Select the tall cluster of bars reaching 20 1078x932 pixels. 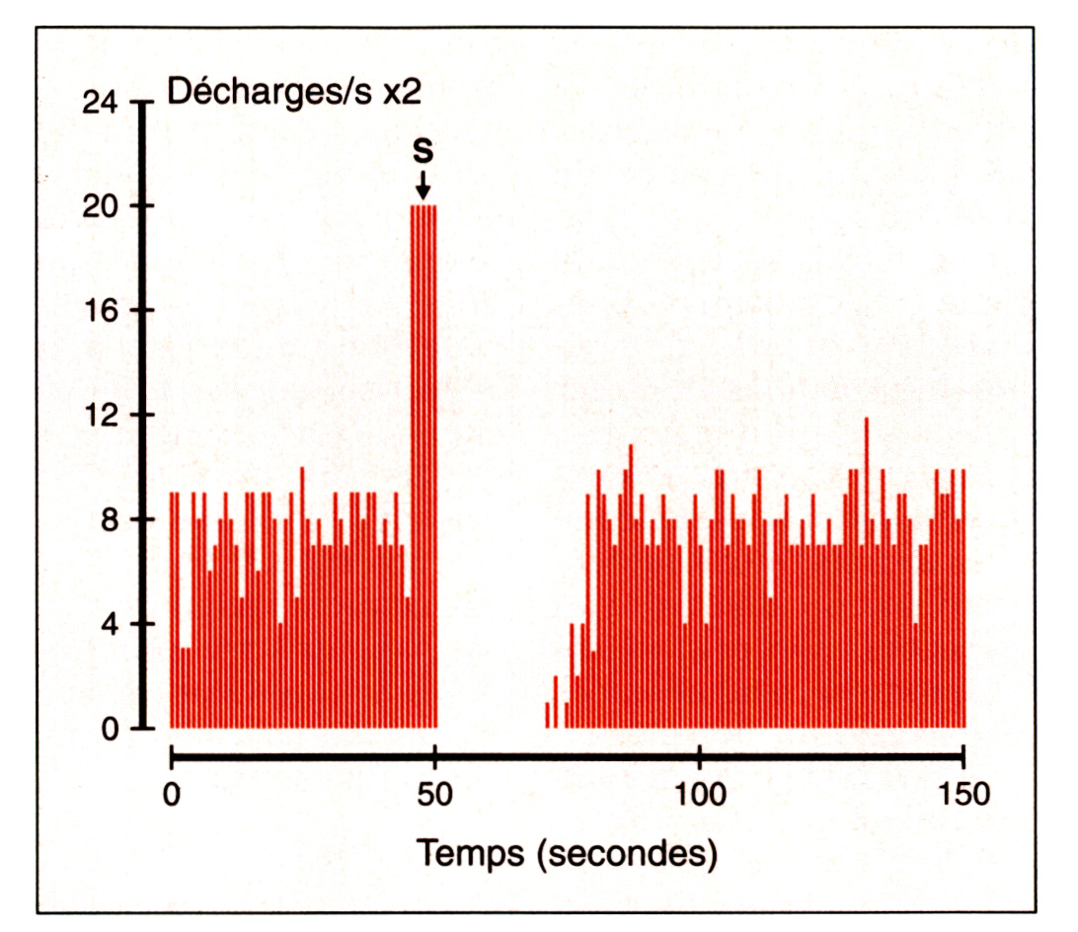(x=423, y=464)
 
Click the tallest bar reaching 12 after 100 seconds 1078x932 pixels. (x=866, y=573)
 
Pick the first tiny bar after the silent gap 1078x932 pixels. (x=547, y=715)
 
